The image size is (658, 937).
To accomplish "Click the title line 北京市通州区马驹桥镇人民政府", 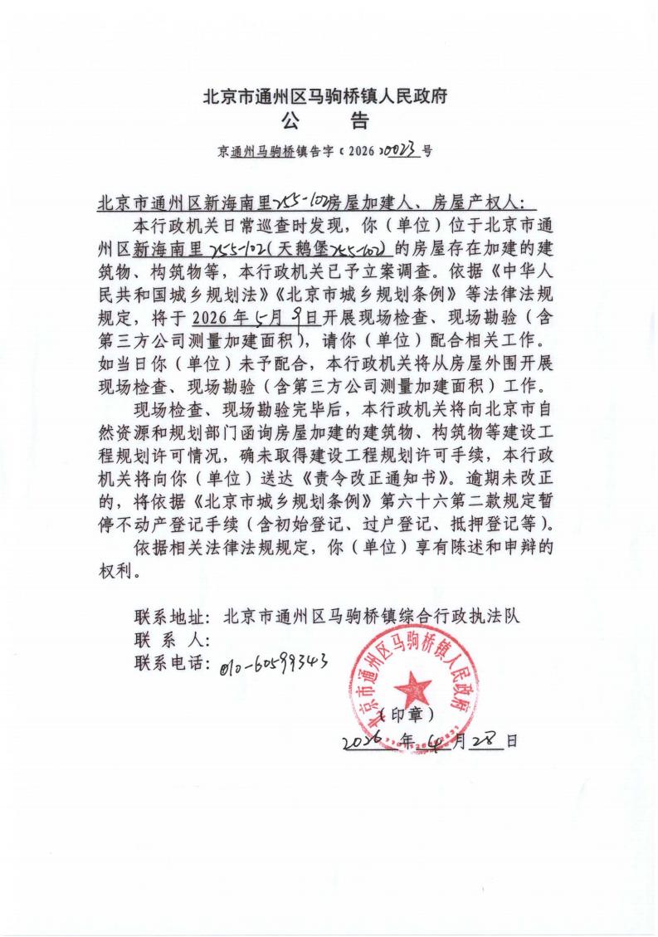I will [x=326, y=96].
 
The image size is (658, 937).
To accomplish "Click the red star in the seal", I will [x=412, y=686].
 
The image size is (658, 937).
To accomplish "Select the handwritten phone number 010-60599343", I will [x=275, y=661].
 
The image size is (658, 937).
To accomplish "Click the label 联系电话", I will [x=172, y=663].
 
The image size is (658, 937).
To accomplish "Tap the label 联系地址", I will [x=172, y=617].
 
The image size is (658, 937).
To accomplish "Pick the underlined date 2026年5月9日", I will [x=256, y=317].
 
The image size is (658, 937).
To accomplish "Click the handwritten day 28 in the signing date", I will [x=485, y=739].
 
